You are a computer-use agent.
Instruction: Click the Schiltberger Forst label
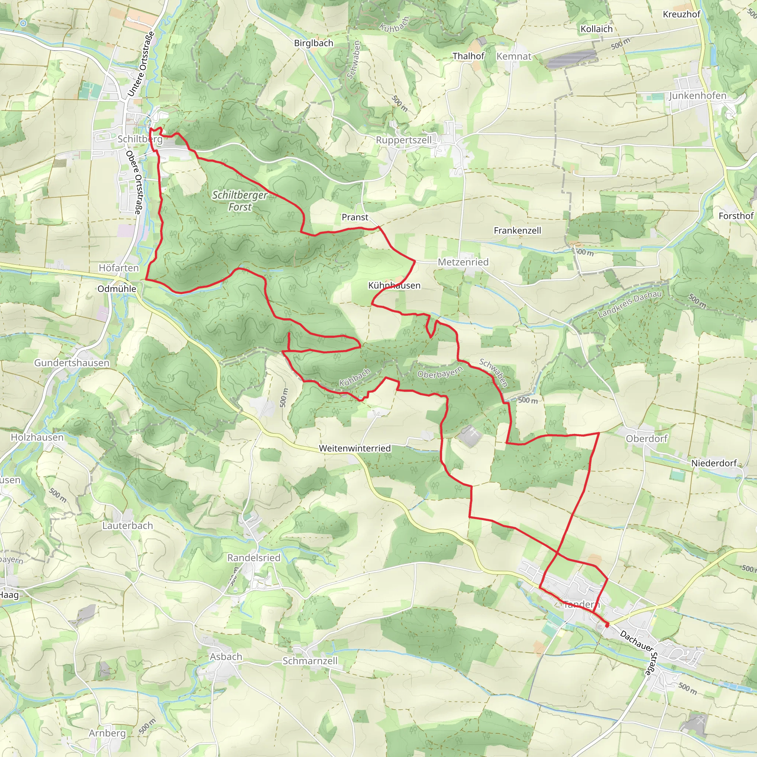click(x=240, y=201)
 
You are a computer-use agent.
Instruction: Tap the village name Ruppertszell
click(x=403, y=140)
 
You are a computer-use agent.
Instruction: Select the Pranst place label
click(x=354, y=217)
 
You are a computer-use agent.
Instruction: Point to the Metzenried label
click(x=463, y=262)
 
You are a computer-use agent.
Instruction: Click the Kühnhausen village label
click(x=394, y=285)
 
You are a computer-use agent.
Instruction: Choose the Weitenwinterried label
click(x=354, y=448)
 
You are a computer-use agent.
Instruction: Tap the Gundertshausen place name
click(x=72, y=363)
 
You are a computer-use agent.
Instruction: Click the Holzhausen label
click(x=37, y=437)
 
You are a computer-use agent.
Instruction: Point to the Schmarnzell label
click(x=310, y=661)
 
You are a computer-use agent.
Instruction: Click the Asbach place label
click(x=226, y=656)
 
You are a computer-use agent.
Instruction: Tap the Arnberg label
click(x=107, y=733)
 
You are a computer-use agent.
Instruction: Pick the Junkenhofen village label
click(x=697, y=95)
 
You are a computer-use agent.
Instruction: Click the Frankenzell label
click(x=517, y=230)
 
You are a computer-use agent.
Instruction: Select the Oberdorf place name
click(x=646, y=438)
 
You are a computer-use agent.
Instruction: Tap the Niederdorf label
click(x=714, y=463)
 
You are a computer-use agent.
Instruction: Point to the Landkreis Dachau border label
click(x=629, y=304)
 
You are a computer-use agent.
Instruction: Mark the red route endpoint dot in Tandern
click(x=607, y=625)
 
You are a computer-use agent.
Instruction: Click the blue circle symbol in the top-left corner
click(x=24, y=24)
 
